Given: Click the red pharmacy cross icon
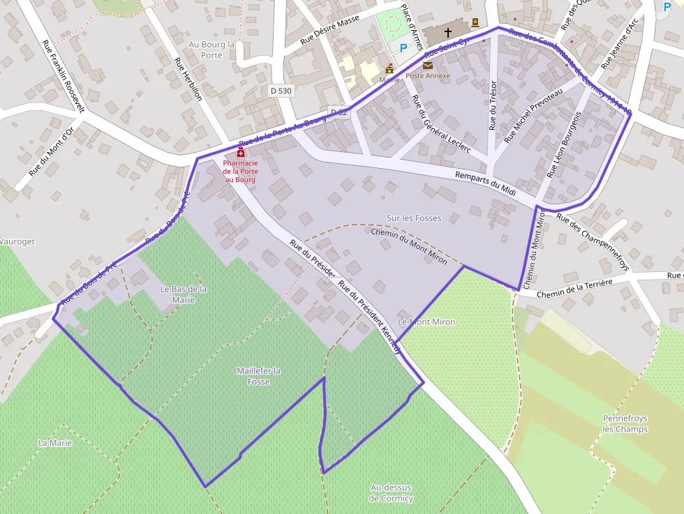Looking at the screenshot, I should (241, 153).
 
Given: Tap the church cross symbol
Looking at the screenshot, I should (447, 33).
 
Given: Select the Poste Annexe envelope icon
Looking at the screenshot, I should (427, 66).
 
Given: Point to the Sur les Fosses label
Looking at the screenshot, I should (414, 218).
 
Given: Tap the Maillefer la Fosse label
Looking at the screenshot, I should (258, 376).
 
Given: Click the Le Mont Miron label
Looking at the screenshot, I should (426, 322).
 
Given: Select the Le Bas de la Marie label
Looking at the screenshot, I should (184, 294).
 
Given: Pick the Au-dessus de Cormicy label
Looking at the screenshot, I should (391, 493).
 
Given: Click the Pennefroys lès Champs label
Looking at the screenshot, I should (625, 423).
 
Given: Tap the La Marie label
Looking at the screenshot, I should (55, 443).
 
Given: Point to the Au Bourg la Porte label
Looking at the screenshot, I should (212, 50).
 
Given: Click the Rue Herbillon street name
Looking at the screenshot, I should (187, 78).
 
